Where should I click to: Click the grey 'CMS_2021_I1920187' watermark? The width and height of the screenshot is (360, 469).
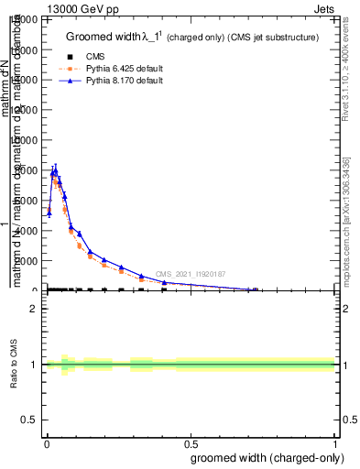click(191, 274)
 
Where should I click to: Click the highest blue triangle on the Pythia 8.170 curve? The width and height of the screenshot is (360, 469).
click(55, 170)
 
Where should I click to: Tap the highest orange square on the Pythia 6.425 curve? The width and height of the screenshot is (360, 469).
click(55, 181)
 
